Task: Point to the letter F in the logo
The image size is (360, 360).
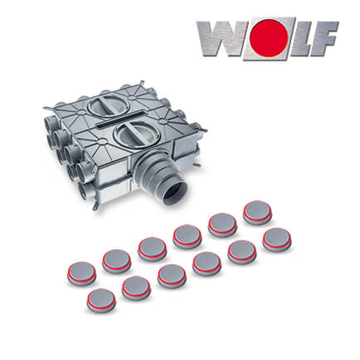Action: click(327, 38)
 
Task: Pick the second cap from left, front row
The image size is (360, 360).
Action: click(135, 288)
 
